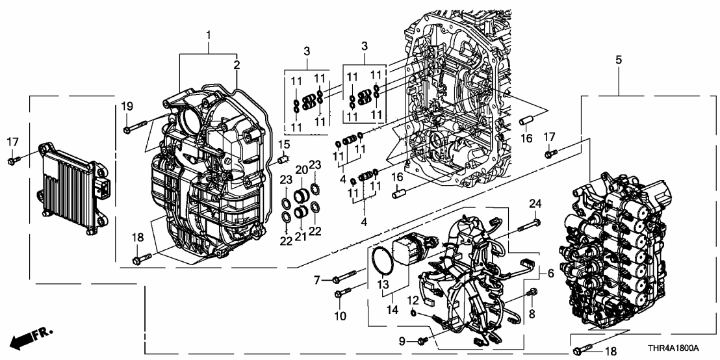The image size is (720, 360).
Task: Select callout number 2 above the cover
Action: (x=237, y=64)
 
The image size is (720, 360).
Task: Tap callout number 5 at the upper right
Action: (x=618, y=60)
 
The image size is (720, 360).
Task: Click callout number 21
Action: (x=301, y=235)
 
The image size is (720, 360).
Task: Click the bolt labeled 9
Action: (x=422, y=340)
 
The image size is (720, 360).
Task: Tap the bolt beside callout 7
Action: (x=344, y=277)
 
